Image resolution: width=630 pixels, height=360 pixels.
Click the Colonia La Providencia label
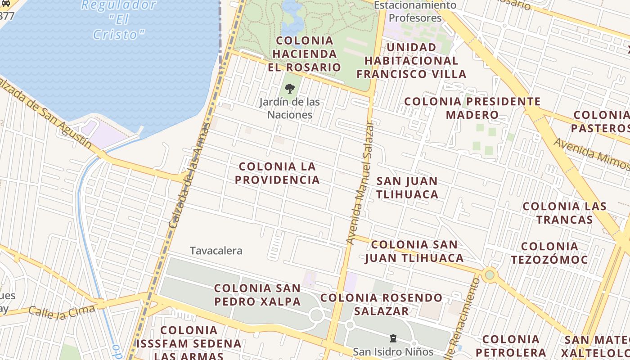[x=277, y=173]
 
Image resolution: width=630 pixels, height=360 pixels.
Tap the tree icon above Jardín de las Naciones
[x=290, y=89]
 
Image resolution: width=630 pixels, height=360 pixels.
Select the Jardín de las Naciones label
[x=290, y=108]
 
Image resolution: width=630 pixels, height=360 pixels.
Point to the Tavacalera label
[x=216, y=251]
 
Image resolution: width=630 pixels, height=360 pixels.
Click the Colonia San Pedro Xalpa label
[x=257, y=295]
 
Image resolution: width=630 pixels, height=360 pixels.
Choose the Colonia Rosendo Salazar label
[x=381, y=304]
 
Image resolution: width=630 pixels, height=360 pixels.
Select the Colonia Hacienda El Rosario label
[x=304, y=54]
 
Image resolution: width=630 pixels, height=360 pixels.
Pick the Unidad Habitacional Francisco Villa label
[x=411, y=61]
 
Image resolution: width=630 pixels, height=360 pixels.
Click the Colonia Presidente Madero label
[x=472, y=108]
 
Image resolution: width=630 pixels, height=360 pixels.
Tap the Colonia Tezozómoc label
[x=549, y=253]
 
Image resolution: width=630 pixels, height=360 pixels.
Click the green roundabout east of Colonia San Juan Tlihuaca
[x=490, y=274]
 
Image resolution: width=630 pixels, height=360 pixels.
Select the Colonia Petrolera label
[x=511, y=346]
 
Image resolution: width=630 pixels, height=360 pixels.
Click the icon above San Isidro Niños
[x=393, y=338]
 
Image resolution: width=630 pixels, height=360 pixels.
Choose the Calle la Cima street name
[x=62, y=310]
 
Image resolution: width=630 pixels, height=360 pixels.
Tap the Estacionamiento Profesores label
[x=415, y=12]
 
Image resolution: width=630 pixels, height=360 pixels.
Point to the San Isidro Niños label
[x=393, y=351]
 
